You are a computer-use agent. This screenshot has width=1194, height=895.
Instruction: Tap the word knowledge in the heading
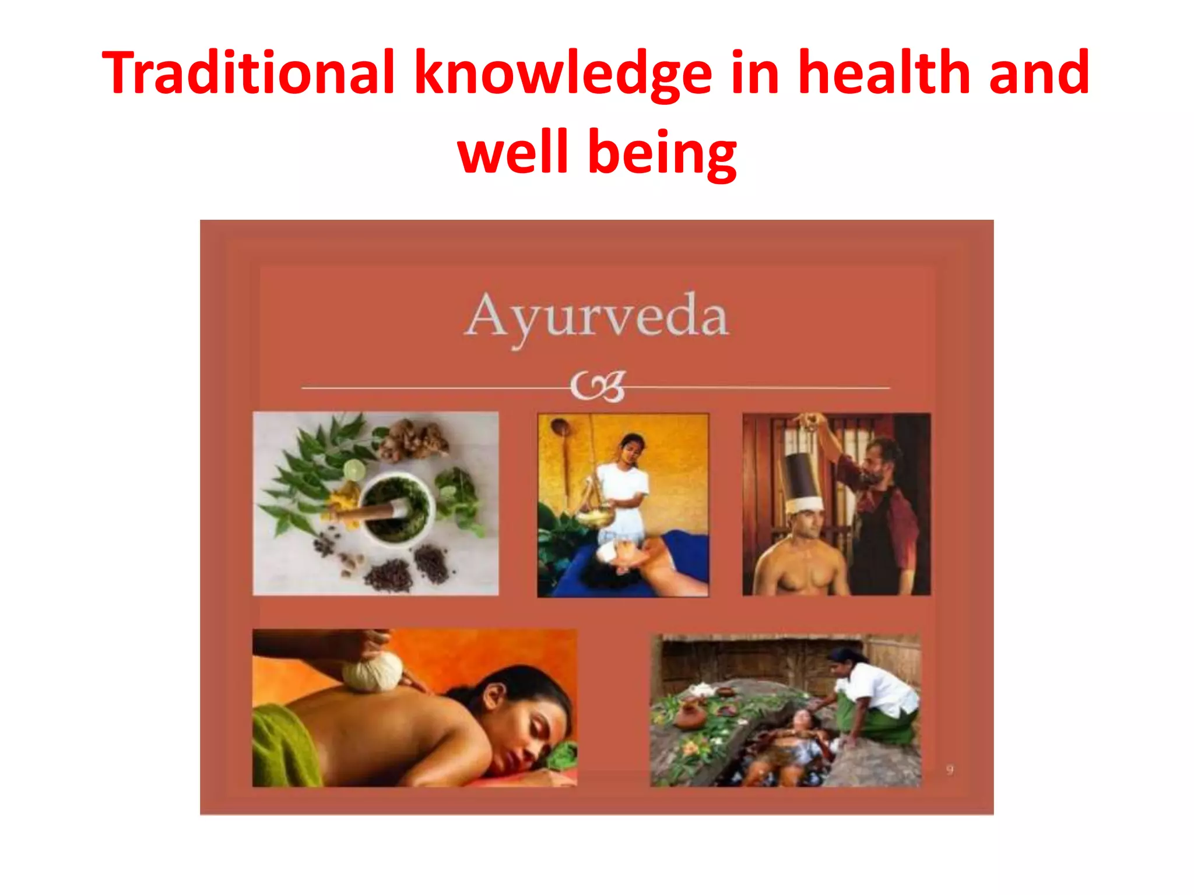pyautogui.click(x=563, y=75)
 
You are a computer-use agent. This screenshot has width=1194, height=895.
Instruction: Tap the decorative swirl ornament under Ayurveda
pyautogui.click(x=598, y=386)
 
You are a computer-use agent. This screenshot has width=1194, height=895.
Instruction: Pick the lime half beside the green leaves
pyautogui.click(x=353, y=470)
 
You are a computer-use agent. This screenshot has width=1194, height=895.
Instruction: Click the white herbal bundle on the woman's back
pyautogui.click(x=372, y=672)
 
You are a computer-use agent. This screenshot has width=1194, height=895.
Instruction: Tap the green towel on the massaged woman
pyautogui.click(x=286, y=746)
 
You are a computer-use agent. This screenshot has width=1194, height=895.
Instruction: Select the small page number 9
pyautogui.click(x=950, y=770)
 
